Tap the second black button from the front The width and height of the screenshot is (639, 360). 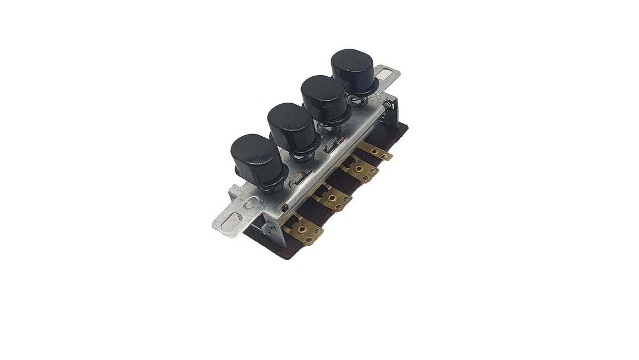coord(291,126)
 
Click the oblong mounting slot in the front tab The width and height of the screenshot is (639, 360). coord(231,221)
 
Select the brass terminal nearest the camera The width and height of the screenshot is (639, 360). coord(303,230)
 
